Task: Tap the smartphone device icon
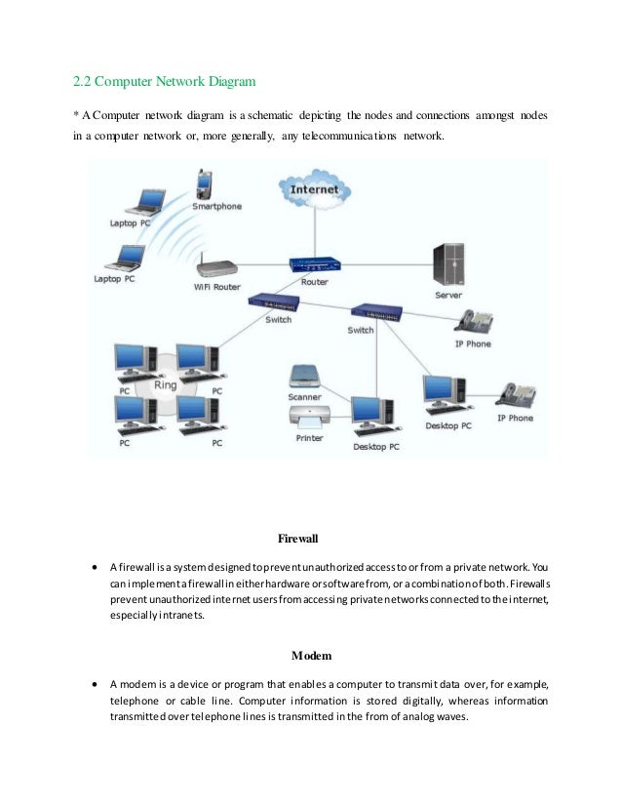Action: (x=205, y=183)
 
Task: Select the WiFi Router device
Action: (x=216, y=266)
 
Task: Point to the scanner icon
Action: (x=304, y=376)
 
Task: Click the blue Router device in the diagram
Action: (x=315, y=264)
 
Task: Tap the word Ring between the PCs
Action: (x=166, y=384)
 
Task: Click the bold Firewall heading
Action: (x=298, y=538)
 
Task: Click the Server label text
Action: (x=448, y=295)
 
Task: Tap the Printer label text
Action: (x=309, y=438)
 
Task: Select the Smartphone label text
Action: (x=216, y=207)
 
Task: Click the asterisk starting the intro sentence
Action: (x=77, y=116)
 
